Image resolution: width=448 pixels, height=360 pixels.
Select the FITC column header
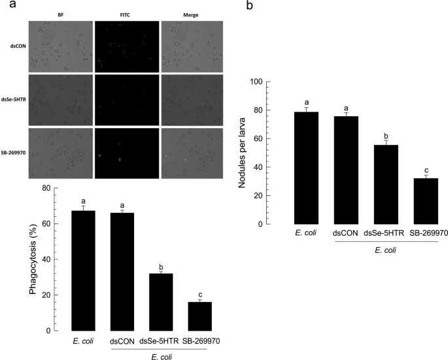pos(127,15)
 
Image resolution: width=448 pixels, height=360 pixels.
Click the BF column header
pos(61,15)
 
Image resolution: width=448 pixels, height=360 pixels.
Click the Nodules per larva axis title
pos(243,153)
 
